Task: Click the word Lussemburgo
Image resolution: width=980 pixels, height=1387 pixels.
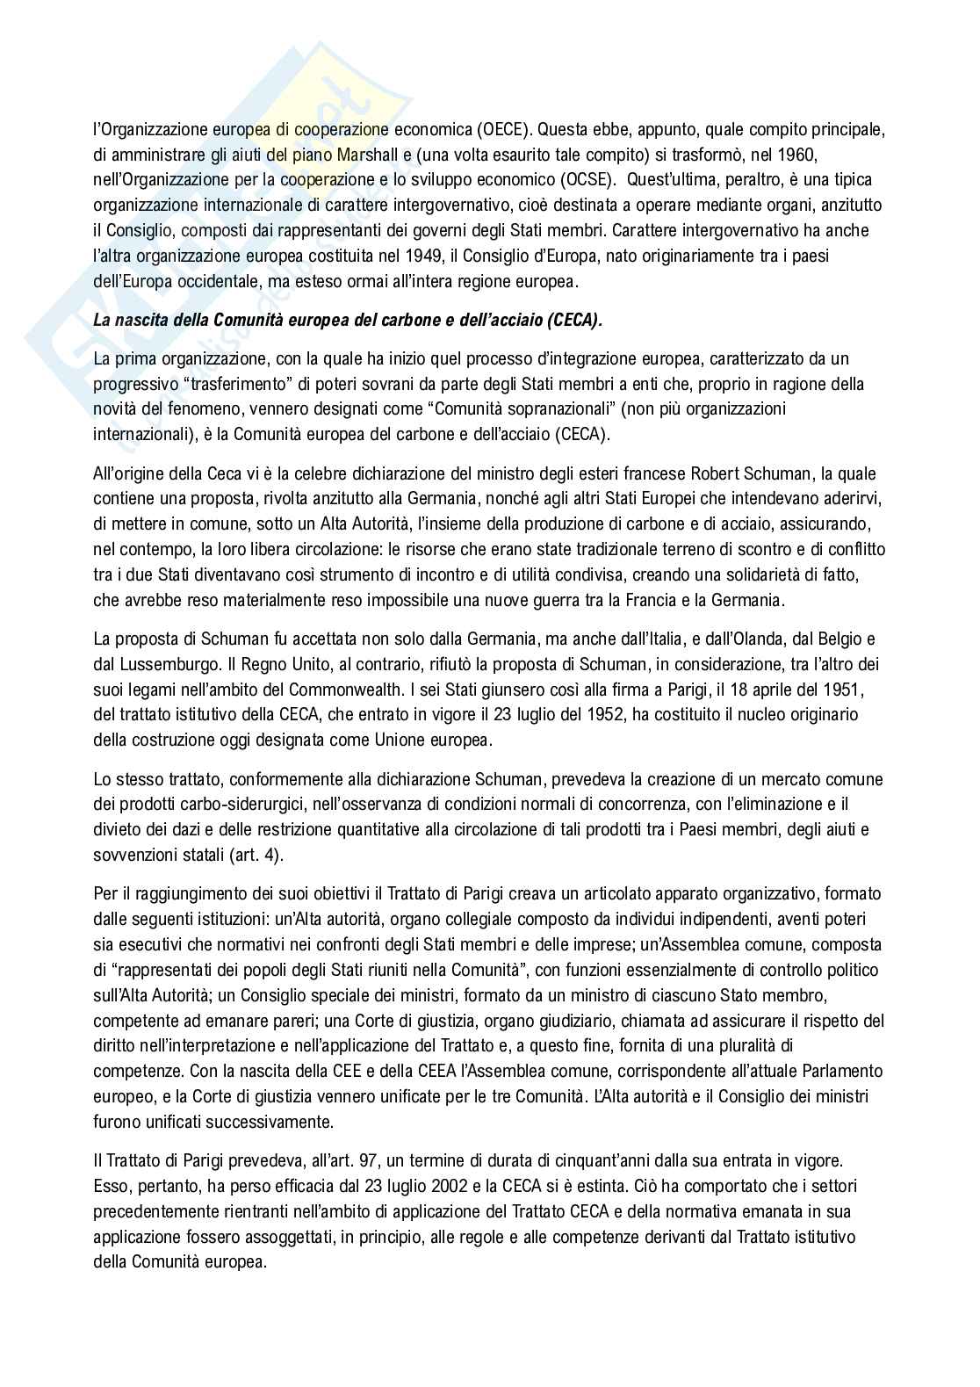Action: point(169,664)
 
